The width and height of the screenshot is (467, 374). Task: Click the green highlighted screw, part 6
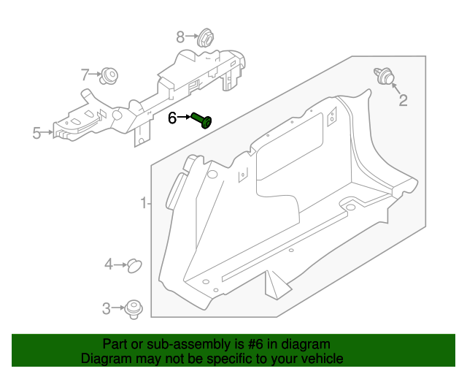pos(202,120)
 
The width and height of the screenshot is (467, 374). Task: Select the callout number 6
pos(173,118)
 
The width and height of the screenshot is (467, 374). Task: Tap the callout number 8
pos(180,36)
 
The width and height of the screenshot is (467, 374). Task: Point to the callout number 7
pos(85,74)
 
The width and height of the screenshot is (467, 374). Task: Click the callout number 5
pos(36,133)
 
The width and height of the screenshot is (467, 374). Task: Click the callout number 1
pos(144,202)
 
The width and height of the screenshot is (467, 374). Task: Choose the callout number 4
pos(108,264)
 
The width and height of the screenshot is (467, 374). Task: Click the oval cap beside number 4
pos(134,265)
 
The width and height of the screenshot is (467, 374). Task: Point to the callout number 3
pos(106,309)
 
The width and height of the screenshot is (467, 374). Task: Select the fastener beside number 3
pos(134,309)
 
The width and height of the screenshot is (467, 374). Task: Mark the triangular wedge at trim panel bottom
pos(274,282)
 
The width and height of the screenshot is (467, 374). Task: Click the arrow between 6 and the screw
pos(185,118)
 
